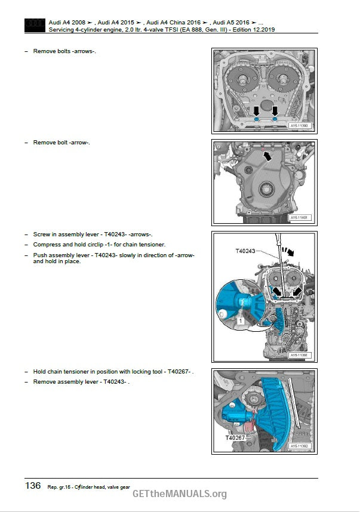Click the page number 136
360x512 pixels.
(33, 486)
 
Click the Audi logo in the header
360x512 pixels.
(35, 26)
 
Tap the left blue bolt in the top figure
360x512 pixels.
(257, 119)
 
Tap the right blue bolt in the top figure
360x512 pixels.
(275, 119)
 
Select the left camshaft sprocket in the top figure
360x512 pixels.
(243, 79)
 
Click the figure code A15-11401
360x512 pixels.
(299, 217)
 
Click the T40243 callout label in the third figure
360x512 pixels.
(245, 251)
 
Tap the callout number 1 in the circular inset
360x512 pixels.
(241, 320)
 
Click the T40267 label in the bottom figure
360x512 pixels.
(235, 437)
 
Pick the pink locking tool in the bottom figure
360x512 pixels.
(250, 424)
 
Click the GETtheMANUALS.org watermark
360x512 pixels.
(180, 494)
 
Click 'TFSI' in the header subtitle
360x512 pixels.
(154, 30)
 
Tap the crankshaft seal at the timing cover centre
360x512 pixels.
(266, 189)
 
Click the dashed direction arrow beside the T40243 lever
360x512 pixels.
(288, 251)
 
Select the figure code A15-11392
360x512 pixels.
(299, 446)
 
